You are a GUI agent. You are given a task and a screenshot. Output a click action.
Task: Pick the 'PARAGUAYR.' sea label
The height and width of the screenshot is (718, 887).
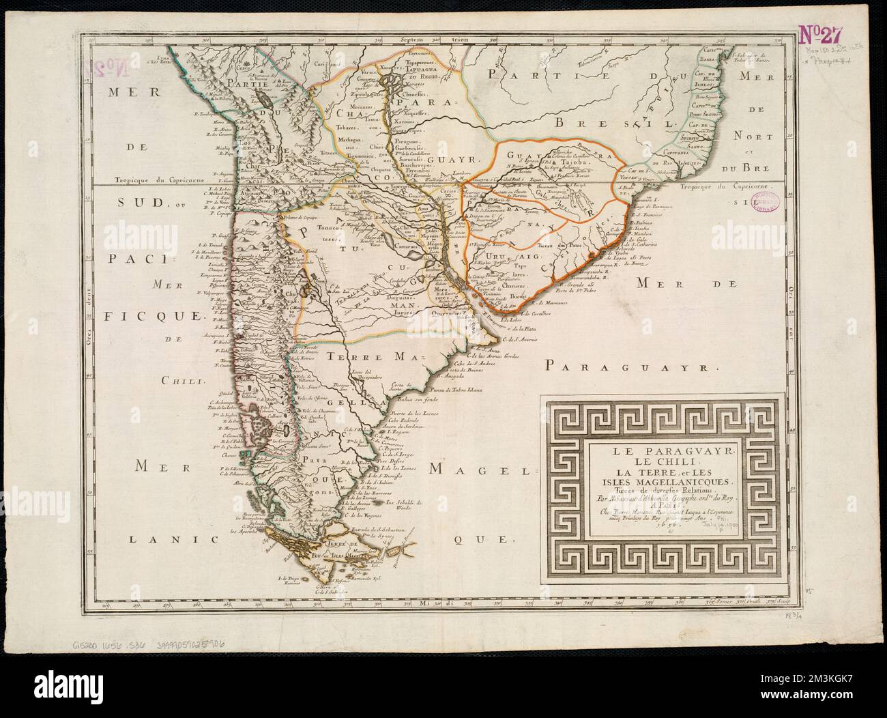(632, 367)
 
